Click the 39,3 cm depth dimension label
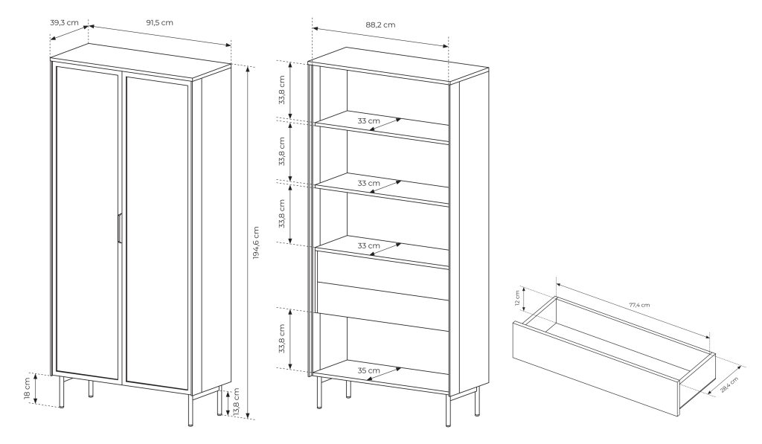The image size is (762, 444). [64, 22]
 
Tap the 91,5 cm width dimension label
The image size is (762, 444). [159, 22]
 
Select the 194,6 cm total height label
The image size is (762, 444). [256, 242]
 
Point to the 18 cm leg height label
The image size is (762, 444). [28, 389]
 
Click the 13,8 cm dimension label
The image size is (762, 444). [236, 402]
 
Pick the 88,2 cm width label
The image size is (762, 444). [380, 25]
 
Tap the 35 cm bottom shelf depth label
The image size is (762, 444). [368, 370]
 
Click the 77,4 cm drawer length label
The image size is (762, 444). [639, 305]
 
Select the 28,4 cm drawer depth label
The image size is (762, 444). [729, 385]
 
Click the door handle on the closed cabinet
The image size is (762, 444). [119, 228]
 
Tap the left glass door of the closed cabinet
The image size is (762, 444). [88, 222]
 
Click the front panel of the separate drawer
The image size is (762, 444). [596, 370]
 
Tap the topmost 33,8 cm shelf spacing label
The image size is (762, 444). [282, 90]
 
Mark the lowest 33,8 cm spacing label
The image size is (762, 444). [282, 338]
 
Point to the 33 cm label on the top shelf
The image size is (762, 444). [368, 120]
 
